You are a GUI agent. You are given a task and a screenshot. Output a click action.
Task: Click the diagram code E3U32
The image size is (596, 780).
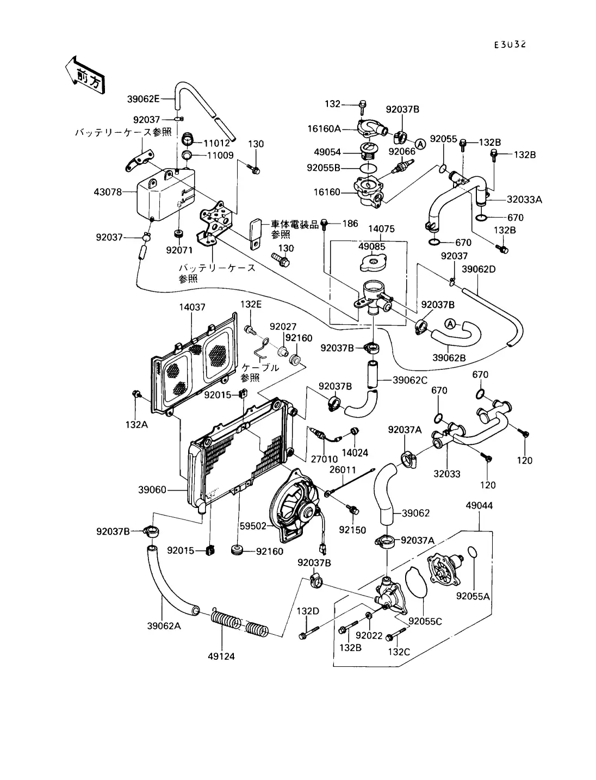[x=510, y=45]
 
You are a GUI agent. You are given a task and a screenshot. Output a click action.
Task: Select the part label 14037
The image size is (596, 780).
[x=193, y=307]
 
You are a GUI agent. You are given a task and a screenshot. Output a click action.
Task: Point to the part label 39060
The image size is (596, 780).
[x=152, y=490]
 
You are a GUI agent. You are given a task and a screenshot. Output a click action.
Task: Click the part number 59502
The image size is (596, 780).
[x=253, y=527]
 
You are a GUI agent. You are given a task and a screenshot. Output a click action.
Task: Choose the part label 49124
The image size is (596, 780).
[x=221, y=656]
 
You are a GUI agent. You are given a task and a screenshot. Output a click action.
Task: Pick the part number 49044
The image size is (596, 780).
[x=479, y=506]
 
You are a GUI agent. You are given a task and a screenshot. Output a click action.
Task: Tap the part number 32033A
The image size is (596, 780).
[x=524, y=200]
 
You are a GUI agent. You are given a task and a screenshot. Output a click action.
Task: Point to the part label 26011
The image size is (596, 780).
[x=343, y=469]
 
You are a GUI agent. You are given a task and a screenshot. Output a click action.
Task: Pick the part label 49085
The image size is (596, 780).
[x=372, y=246]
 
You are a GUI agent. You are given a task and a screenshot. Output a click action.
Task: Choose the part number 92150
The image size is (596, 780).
[x=352, y=530]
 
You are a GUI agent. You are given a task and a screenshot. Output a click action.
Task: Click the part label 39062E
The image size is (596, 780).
[x=144, y=99]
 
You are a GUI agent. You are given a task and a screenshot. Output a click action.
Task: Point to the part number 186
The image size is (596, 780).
[x=350, y=224]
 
